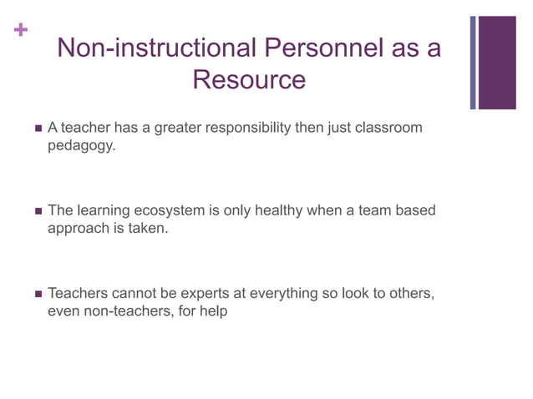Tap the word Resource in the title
coord(249,80)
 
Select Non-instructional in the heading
coord(156,48)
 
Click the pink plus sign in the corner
coord(20,31)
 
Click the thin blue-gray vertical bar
coord(473,63)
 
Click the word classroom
coord(389,128)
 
